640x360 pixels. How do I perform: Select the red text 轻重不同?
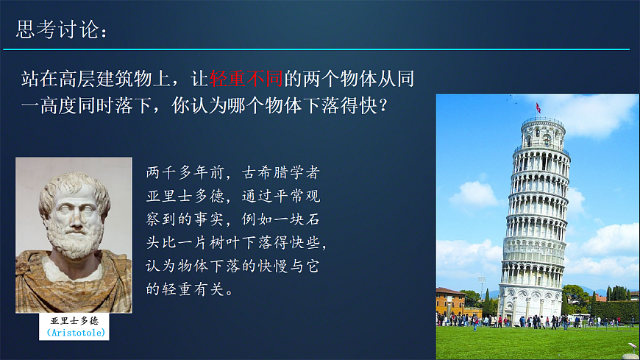[x=246, y=79]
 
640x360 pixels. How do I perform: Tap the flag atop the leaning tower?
[x=538, y=107]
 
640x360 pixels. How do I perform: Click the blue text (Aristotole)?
[x=76, y=333]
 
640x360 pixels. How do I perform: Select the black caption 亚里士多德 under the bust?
[x=74, y=321]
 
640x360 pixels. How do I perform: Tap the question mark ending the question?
[x=383, y=105]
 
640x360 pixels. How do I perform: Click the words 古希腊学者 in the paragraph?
[x=280, y=172]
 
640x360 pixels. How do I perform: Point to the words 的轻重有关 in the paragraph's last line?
[x=185, y=289]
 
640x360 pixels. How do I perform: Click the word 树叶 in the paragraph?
[x=225, y=243]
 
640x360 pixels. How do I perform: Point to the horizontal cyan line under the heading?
[x=316, y=49]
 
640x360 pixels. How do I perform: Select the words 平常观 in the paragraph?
[x=296, y=196]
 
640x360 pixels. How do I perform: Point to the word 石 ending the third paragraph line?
[x=312, y=219]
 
